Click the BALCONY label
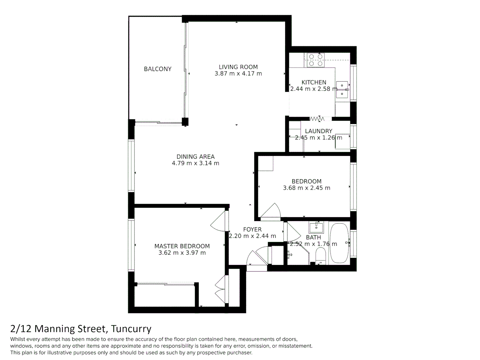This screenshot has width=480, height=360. [x=157, y=69]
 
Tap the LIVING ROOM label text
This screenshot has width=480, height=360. [x=238, y=67]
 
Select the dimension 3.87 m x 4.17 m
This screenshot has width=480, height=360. [x=238, y=74]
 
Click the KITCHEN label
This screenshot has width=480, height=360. [x=314, y=82]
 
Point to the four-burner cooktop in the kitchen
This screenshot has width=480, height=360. [x=316, y=60]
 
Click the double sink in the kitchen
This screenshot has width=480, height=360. [x=342, y=90]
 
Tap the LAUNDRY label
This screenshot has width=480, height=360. [x=318, y=131]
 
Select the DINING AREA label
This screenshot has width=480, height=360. [x=195, y=157]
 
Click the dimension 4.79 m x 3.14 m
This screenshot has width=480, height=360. [x=195, y=163]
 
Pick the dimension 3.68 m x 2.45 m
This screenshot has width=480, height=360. [x=306, y=188]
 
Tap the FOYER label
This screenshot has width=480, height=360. [x=252, y=229]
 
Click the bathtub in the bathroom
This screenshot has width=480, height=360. [x=339, y=243]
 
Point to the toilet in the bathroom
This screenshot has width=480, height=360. [x=320, y=257]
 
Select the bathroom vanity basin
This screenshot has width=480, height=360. [x=316, y=228]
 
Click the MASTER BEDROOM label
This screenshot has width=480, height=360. [x=182, y=246]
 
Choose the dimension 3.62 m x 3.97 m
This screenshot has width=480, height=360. [x=182, y=253]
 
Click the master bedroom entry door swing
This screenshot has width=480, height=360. [x=218, y=221]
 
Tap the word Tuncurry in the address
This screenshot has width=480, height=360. [x=131, y=329]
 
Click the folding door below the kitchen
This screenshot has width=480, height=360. [x=317, y=119]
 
